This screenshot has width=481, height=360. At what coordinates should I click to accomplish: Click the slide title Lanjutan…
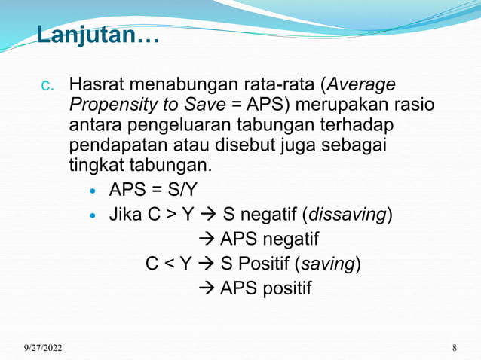(x=97, y=35)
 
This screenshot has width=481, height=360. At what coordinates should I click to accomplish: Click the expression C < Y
(x=169, y=264)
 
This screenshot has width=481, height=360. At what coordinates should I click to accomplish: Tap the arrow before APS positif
(x=210, y=289)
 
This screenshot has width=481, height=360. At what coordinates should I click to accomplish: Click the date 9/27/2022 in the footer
(x=43, y=347)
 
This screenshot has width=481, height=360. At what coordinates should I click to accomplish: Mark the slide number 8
(x=455, y=347)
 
